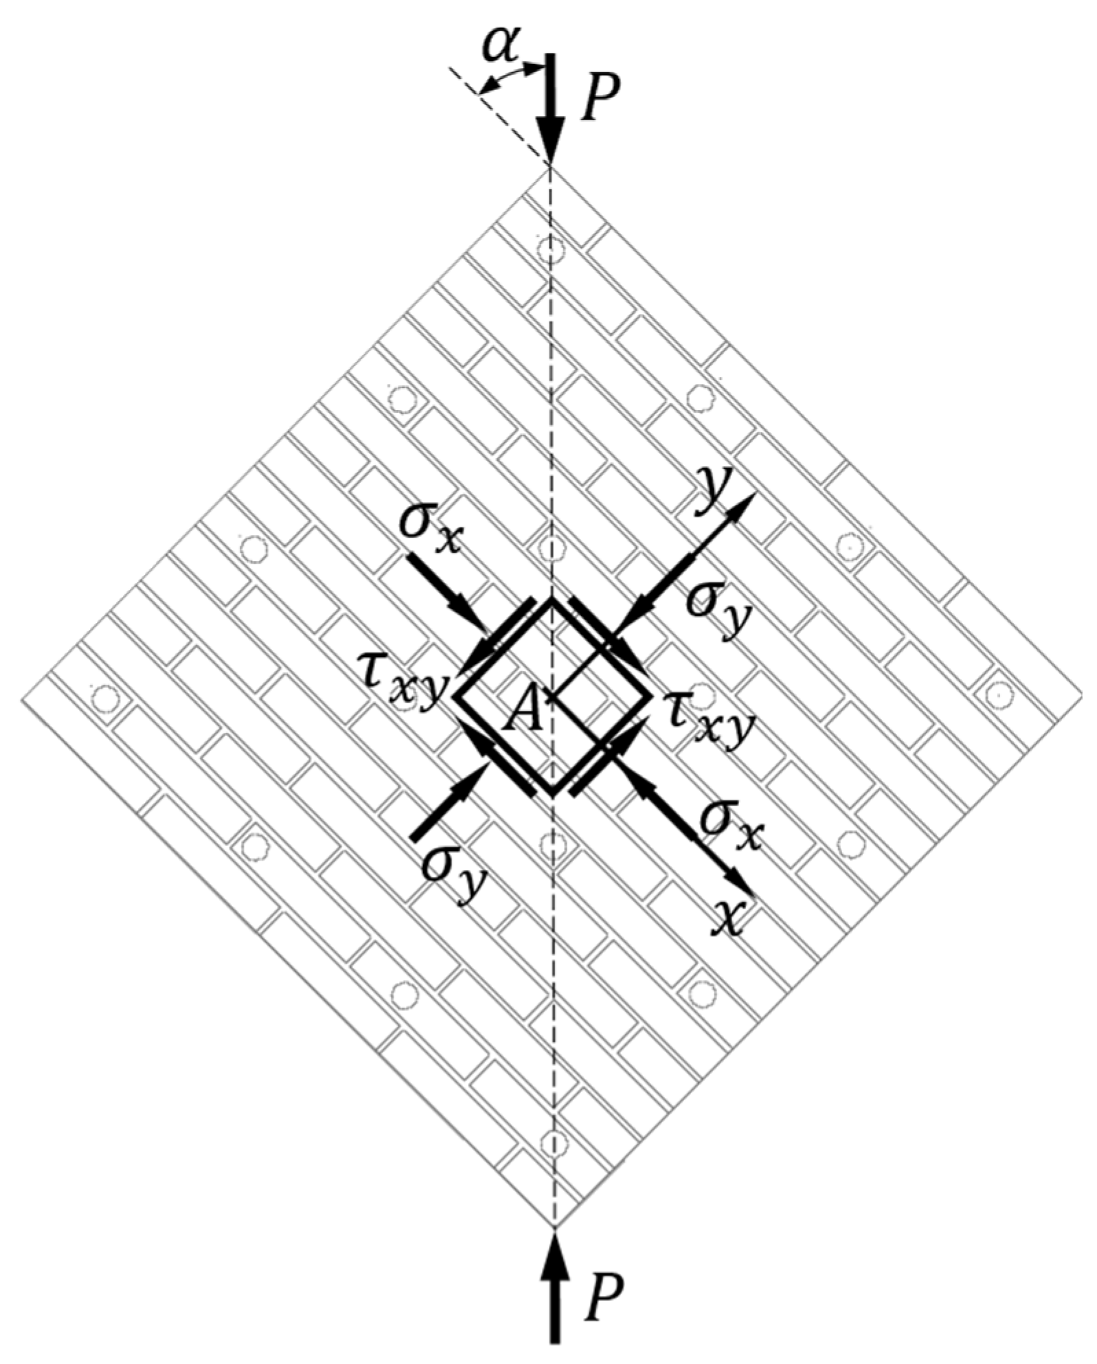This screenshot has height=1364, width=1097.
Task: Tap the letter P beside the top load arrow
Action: click(x=599, y=98)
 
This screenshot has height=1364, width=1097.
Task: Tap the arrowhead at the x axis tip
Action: click(x=743, y=887)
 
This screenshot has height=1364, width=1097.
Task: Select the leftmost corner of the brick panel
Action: click(x=23, y=699)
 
